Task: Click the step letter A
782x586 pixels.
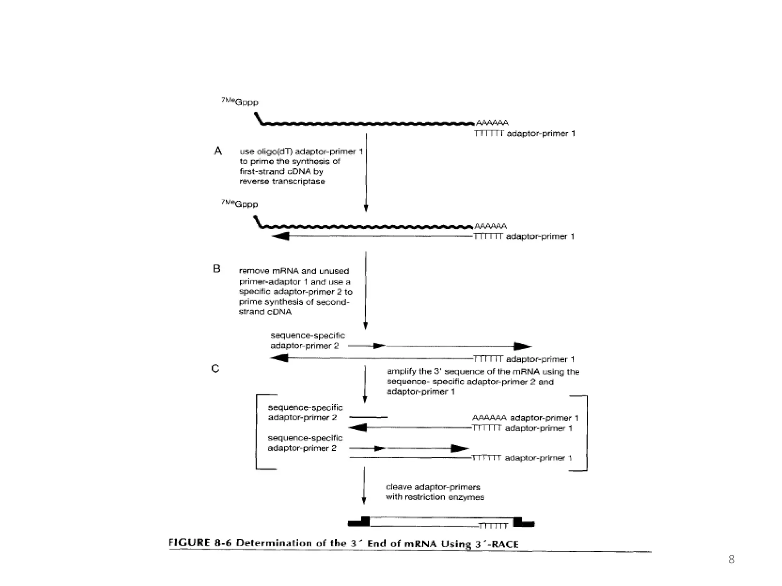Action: pos(218,151)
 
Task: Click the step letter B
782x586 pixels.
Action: pos(217,269)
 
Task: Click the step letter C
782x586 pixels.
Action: pos(215,369)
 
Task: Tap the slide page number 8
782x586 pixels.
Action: pos(731,559)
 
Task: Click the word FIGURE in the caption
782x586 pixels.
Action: pos(189,543)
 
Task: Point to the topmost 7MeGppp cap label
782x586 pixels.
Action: pos(240,102)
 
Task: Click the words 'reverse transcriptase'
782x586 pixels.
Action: pos(282,182)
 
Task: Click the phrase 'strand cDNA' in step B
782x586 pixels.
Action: pos(265,312)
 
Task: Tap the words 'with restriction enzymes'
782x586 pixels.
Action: pos(435,497)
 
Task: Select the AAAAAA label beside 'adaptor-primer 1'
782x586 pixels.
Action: pos(489,418)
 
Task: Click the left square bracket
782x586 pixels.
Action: pos(257,431)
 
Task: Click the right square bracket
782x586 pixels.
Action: pos(586,433)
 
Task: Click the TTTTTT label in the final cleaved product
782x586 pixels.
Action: pos(493,526)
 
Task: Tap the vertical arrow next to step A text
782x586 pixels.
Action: pos(366,172)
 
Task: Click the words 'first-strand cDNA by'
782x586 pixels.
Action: pos(281,171)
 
